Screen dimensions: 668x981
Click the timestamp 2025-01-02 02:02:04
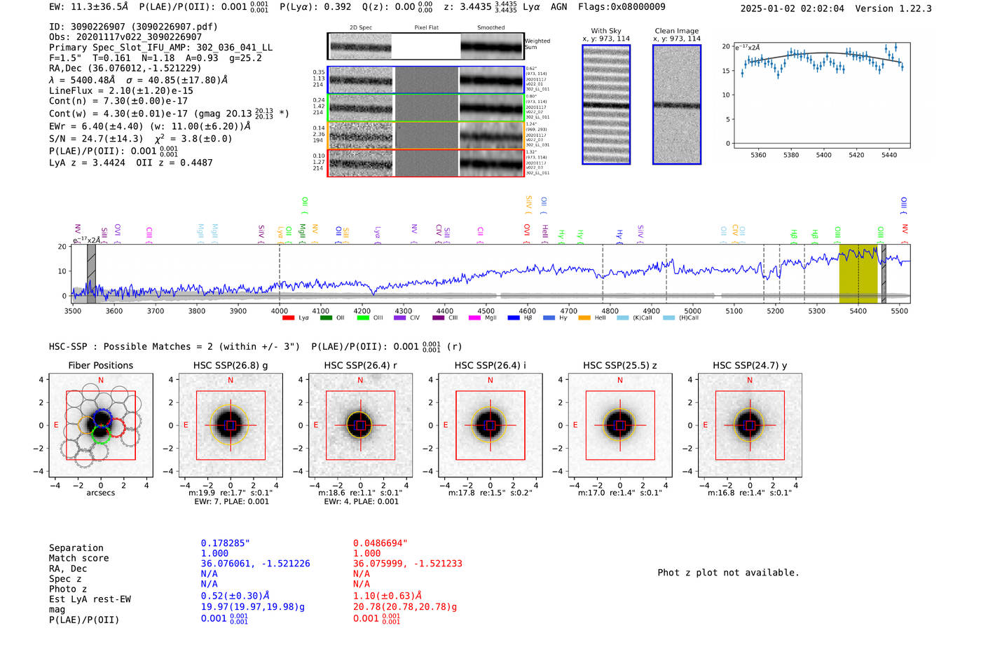tap(793, 8)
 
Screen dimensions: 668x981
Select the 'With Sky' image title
tap(606, 31)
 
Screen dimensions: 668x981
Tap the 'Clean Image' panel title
tap(676, 31)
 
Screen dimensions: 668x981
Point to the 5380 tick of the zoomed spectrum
tap(791, 155)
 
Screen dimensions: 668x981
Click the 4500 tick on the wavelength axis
tap(486, 311)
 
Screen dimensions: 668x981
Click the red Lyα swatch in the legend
tap(288, 318)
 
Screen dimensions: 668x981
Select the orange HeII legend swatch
tap(584, 318)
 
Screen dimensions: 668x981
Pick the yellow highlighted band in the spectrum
tap(858, 273)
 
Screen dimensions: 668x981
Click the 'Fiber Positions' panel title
tap(100, 365)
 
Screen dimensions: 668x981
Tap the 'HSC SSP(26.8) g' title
tap(231, 365)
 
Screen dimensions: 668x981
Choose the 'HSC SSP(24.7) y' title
tap(750, 365)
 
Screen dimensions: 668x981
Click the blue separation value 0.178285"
tap(225, 543)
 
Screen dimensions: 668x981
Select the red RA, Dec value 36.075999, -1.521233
tap(408, 564)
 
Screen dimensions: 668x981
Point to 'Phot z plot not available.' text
tap(728, 573)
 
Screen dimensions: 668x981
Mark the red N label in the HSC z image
tap(620, 381)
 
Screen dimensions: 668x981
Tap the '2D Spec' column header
tap(360, 28)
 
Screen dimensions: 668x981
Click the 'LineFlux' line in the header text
tap(121, 90)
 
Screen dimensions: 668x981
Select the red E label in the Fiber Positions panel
tap(56, 425)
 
